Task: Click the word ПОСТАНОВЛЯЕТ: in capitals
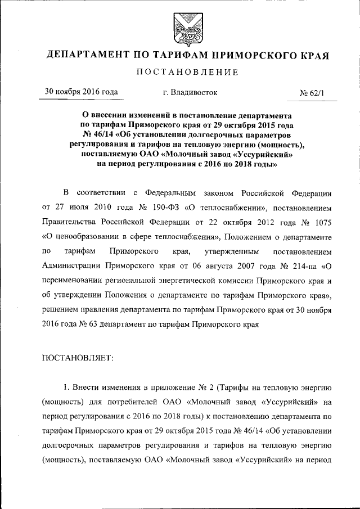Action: [78, 357]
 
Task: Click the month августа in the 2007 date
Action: [230, 265]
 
